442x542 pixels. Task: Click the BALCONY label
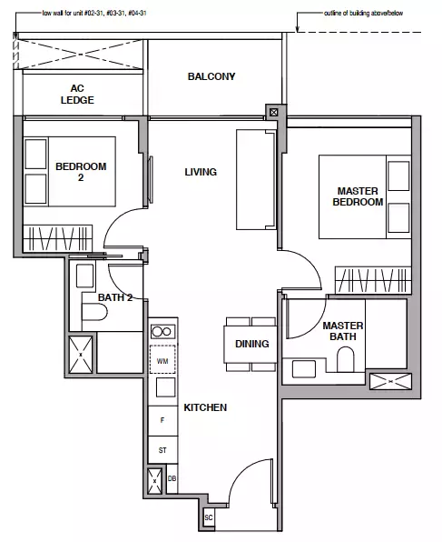point(211,76)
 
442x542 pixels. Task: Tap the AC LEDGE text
point(77,94)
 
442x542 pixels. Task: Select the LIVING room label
point(201,172)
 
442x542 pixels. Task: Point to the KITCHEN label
point(205,407)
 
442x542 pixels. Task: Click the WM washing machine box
point(162,359)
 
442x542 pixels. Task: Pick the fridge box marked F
point(162,421)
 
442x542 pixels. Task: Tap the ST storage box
point(162,450)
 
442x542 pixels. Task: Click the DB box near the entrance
point(172,478)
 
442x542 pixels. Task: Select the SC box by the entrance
point(209,517)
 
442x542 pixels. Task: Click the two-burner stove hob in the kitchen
point(162,332)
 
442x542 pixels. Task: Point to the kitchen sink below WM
point(165,386)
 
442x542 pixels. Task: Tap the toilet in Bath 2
point(94,312)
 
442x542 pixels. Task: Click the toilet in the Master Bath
point(346,359)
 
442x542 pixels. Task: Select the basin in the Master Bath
point(304,369)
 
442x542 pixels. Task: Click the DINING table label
point(252,344)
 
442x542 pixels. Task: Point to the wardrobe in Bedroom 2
point(57,238)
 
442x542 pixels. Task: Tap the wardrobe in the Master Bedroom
point(373,280)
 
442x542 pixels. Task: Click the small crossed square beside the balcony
point(273,112)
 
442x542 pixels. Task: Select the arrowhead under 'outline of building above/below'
point(297,30)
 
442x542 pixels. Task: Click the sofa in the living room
point(256,180)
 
